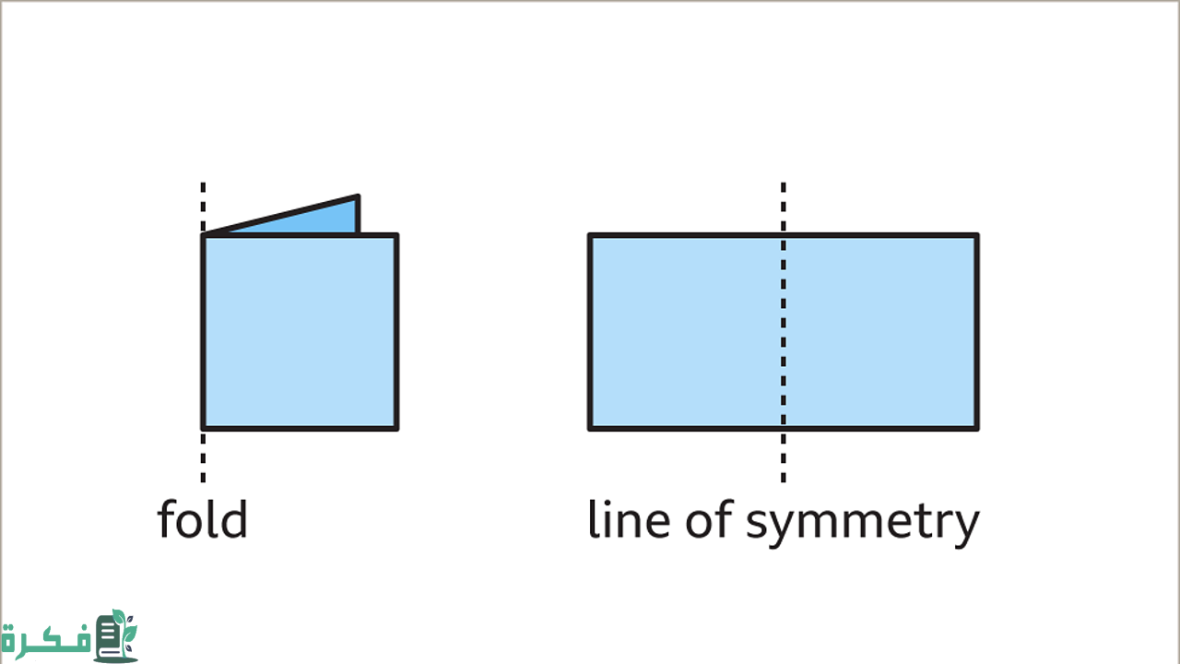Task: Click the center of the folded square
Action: click(x=300, y=332)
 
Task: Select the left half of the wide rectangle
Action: click(x=686, y=332)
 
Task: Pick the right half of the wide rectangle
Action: click(x=880, y=332)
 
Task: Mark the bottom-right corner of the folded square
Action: click(x=396, y=428)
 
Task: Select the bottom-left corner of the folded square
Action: click(x=204, y=428)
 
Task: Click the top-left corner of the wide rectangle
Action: click(x=590, y=235)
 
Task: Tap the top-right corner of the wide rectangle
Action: click(x=976, y=235)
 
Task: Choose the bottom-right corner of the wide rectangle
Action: click(x=976, y=428)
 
